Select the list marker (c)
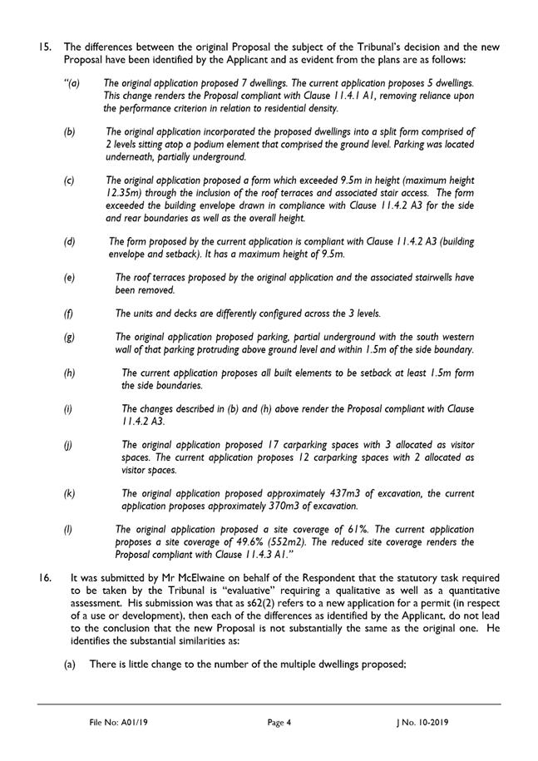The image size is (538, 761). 70,180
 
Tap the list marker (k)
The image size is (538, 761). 70,494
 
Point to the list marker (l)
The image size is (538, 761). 69,529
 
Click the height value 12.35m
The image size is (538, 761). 124,193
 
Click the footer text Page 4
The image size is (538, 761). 279,723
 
